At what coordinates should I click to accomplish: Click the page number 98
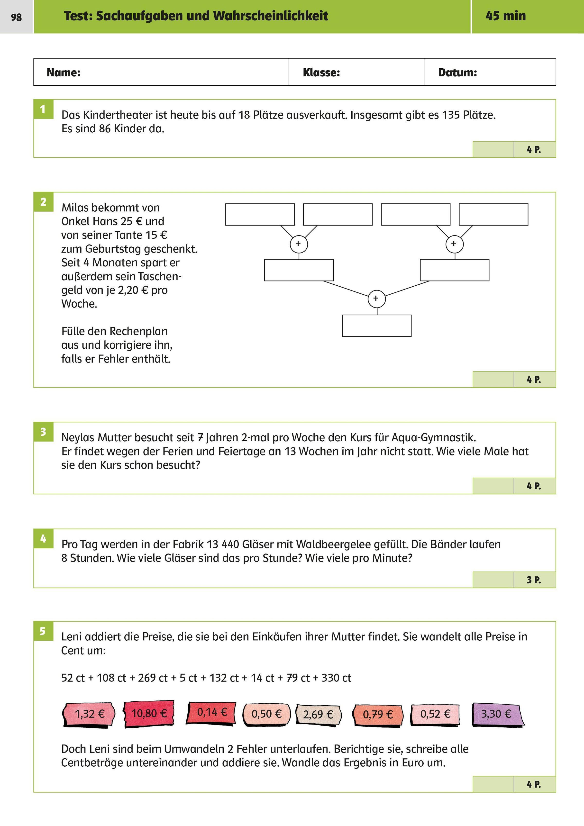coord(16,17)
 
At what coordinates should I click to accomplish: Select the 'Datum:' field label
coord(457,73)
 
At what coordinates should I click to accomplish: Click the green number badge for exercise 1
coord(43,109)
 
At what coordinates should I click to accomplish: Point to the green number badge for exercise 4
coord(43,539)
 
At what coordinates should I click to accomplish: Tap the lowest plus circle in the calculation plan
coord(376,299)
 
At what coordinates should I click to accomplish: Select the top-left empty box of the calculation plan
coord(260,214)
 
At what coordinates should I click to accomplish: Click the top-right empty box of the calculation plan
coord(493,214)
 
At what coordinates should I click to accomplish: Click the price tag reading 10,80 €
coord(149,713)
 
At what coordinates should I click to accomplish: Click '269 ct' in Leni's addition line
coord(153,678)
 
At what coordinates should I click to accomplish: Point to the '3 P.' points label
coord(534,580)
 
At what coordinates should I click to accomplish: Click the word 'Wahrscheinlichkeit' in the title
coord(271,16)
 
